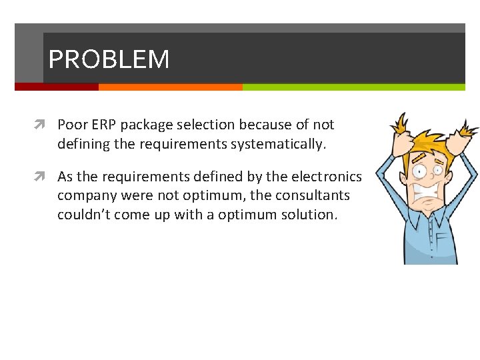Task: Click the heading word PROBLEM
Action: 109,60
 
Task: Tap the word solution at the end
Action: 312,215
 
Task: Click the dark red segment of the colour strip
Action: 57,87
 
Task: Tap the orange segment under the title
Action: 170,87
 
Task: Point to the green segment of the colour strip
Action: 353,87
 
